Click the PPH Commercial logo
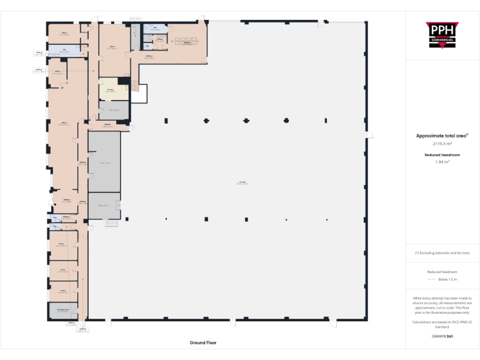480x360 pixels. [441, 34]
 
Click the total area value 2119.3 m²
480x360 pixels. [442, 143]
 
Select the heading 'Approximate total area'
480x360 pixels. [441, 136]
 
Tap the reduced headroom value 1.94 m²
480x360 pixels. [442, 161]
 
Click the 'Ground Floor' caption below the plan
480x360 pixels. [202, 342]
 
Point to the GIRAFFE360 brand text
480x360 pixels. [442, 336]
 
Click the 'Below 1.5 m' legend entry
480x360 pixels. [442, 279]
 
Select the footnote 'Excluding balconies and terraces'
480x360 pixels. [442, 253]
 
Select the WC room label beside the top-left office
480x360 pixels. [64, 49]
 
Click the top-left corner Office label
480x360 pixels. [64, 33]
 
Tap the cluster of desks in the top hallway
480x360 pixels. [186, 42]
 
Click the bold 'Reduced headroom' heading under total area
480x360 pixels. [442, 154]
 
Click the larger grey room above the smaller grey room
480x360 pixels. [104, 162]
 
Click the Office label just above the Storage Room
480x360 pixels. [63, 291]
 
